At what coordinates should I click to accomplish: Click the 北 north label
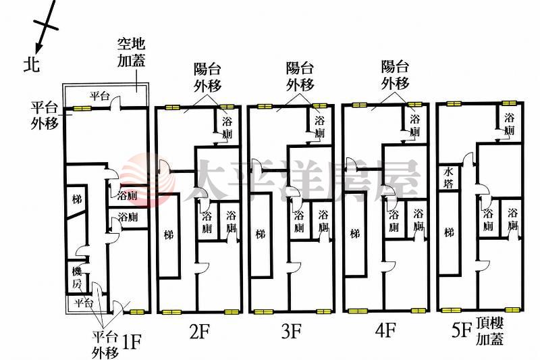pyautogui.click(x=32, y=64)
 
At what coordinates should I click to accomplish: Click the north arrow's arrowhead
pyautogui.click(x=38, y=47)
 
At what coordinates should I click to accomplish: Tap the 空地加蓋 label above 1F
pyautogui.click(x=131, y=53)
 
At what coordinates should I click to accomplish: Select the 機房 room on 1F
pyautogui.click(x=77, y=278)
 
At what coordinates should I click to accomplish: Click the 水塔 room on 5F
pyautogui.click(x=448, y=178)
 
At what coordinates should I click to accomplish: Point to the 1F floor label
pyautogui.click(x=132, y=342)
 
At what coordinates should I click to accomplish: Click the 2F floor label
pyautogui.click(x=200, y=332)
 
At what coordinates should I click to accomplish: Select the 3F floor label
pyautogui.click(x=292, y=332)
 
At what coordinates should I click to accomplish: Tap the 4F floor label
pyautogui.click(x=385, y=330)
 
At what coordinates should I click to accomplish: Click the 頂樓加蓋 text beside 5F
pyautogui.click(x=490, y=331)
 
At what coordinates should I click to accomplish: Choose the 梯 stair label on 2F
pyautogui.click(x=169, y=235)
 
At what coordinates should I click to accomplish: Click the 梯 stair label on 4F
pyautogui.click(x=355, y=234)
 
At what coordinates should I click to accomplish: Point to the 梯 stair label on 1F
pyautogui.click(x=77, y=199)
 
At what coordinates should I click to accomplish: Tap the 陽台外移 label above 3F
pyautogui.click(x=300, y=77)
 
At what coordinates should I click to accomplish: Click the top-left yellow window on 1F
pyautogui.click(x=81, y=109)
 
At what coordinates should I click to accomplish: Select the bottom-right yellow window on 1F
pyautogui.click(x=137, y=312)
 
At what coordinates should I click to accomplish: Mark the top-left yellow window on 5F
pyautogui.click(x=453, y=103)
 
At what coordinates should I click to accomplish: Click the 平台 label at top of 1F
pyautogui.click(x=99, y=96)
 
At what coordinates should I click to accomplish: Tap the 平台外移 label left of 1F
pyautogui.click(x=45, y=115)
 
